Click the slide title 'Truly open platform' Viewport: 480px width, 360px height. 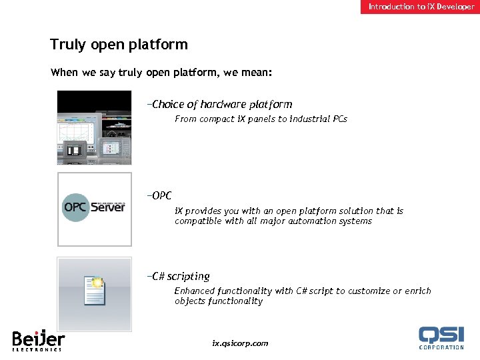pos(119,45)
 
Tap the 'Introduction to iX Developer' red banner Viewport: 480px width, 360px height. pos(421,7)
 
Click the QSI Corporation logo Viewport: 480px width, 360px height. pos(441,337)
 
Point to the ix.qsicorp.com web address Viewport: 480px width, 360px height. pos(240,343)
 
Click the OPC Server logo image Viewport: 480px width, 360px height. pos(94,209)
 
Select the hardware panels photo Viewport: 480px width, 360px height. pos(94,127)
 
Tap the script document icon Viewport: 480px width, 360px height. pos(94,291)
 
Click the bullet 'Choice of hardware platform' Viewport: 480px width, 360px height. pos(221,104)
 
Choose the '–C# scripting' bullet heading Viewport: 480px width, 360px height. pos(179,276)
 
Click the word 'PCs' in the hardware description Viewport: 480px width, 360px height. pos(339,119)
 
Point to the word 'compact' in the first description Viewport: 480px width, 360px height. pos(216,119)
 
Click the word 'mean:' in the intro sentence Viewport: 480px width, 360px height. pos(275,73)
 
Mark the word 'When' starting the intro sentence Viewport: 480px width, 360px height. pos(64,73)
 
